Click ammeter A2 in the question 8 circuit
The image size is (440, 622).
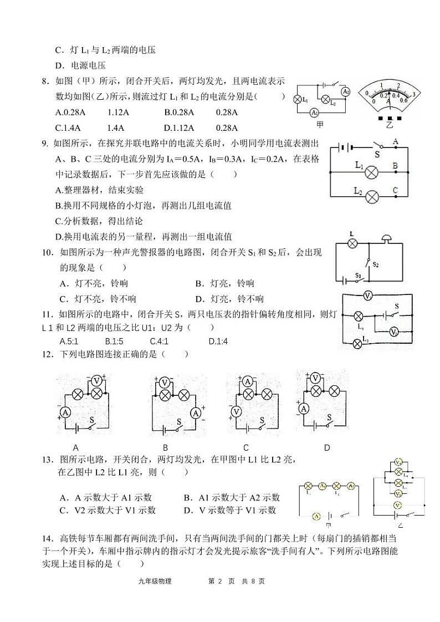click(x=346, y=91)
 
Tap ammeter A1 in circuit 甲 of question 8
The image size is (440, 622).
click(x=314, y=113)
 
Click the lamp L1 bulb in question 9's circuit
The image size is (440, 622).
click(x=372, y=172)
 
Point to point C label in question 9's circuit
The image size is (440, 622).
click(x=396, y=190)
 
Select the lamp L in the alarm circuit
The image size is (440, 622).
click(x=351, y=243)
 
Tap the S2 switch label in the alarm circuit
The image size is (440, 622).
click(x=376, y=264)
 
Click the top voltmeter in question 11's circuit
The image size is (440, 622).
click(x=367, y=296)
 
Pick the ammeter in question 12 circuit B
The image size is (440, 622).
click(x=195, y=412)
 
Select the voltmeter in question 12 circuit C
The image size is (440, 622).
click(x=237, y=412)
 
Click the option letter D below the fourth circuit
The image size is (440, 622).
click(x=327, y=447)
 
